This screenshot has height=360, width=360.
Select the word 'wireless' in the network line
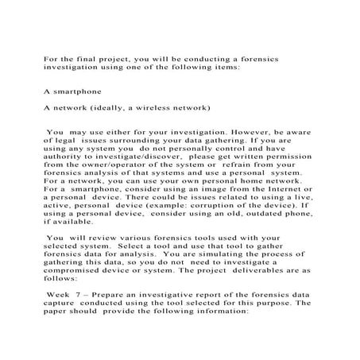(183, 106)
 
